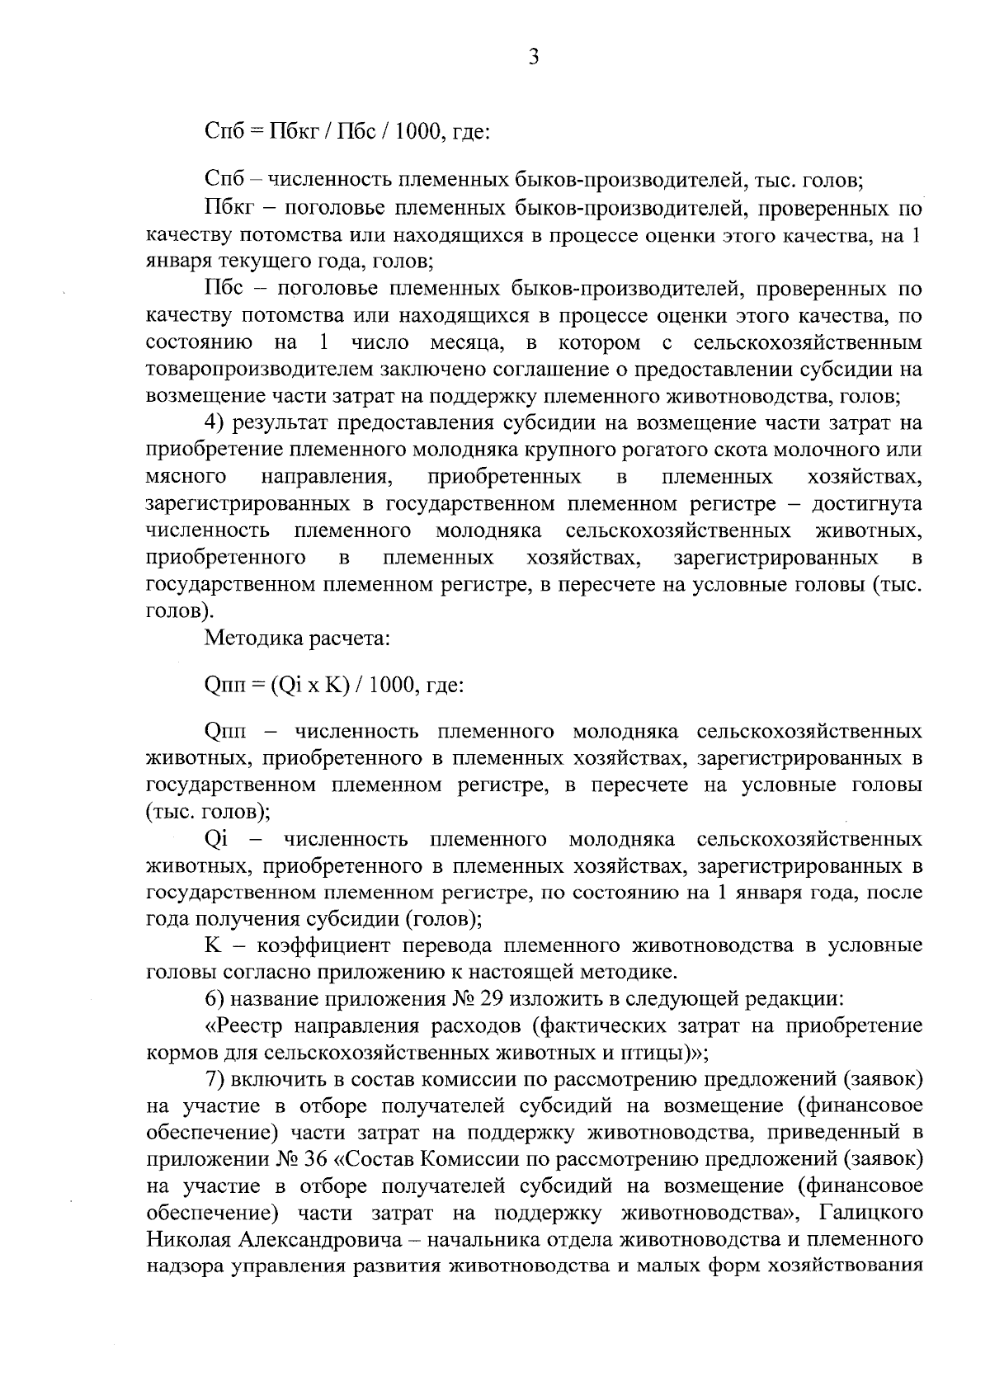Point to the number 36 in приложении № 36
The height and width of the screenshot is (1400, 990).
tap(315, 1159)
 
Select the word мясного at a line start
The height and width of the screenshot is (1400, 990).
tap(186, 478)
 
